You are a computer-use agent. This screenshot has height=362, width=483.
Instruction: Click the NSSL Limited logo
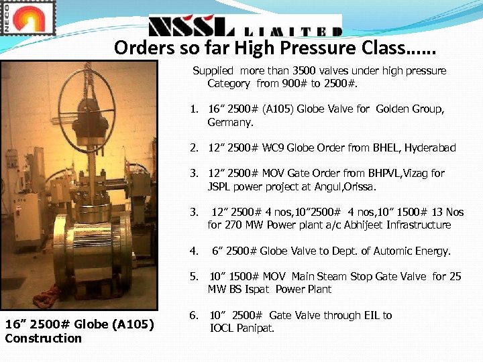click(x=244, y=27)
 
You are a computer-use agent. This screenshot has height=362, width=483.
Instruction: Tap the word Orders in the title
click(x=137, y=48)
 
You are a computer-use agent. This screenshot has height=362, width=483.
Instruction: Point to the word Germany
click(x=230, y=123)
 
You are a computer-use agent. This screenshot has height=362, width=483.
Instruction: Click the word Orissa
click(x=360, y=186)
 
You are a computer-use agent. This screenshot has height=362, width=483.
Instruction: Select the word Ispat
click(x=255, y=289)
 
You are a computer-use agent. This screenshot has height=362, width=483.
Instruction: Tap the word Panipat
click(x=254, y=328)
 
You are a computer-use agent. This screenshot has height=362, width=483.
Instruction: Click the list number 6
click(x=193, y=315)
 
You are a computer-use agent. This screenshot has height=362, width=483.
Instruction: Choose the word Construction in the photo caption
click(x=43, y=338)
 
